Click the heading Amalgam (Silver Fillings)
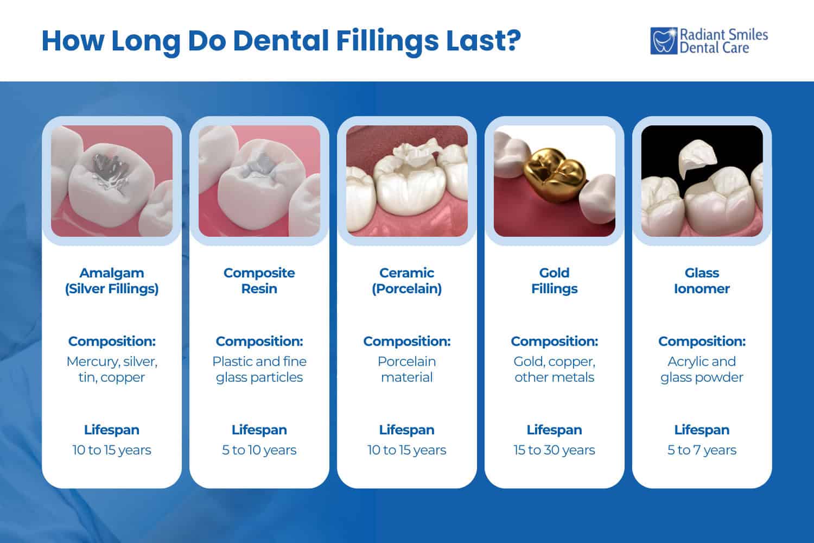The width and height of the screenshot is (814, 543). (x=112, y=281)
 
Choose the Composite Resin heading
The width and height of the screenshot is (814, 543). (x=259, y=281)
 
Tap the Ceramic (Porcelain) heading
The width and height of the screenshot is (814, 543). (x=407, y=281)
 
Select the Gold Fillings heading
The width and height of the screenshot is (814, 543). (x=555, y=281)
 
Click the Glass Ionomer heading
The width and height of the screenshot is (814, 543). (x=702, y=281)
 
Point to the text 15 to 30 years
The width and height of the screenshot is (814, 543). (x=555, y=450)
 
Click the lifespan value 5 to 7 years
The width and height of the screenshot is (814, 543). (x=702, y=450)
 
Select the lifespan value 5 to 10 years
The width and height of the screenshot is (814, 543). (x=259, y=450)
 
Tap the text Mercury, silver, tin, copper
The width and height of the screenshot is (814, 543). (x=112, y=369)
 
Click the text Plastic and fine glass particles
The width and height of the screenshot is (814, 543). (x=259, y=369)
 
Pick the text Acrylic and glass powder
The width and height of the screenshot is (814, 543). (x=702, y=369)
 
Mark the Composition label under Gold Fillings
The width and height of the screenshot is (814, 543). (x=555, y=342)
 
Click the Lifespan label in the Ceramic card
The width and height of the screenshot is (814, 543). (x=407, y=430)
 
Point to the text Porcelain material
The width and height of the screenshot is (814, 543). (x=407, y=369)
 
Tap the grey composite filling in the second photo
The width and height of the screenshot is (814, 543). (x=259, y=166)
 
